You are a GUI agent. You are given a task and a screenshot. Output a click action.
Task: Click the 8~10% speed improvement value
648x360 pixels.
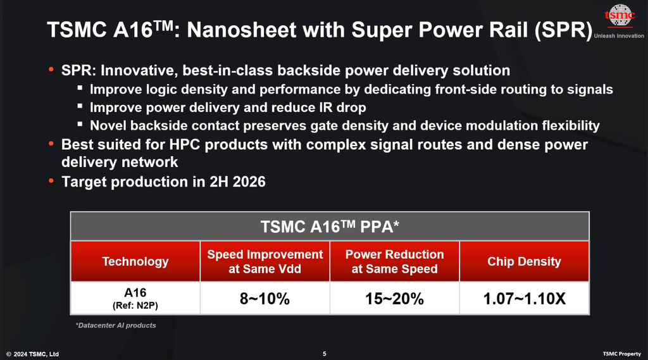[265, 299]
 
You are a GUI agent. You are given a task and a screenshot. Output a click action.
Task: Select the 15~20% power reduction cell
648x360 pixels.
[394, 299]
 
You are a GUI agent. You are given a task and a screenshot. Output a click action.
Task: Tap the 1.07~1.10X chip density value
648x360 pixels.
[524, 299]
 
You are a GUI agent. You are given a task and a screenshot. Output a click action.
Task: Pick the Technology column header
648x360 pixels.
[135, 261]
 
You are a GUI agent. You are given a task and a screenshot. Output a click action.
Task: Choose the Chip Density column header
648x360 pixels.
[524, 261]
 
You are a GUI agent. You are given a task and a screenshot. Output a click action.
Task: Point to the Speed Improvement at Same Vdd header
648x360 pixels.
[265, 261]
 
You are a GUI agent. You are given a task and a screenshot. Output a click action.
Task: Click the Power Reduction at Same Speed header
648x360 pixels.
[394, 261]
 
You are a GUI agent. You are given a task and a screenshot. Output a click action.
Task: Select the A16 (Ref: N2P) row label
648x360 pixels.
[135, 298]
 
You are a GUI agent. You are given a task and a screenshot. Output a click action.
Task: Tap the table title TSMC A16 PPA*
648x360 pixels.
[329, 227]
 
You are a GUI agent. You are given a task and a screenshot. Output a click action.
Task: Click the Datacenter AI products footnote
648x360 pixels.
[116, 325]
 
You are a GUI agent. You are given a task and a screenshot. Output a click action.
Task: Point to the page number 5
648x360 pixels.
[324, 354]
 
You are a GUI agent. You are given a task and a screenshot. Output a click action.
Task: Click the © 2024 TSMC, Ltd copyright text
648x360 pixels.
[33, 354]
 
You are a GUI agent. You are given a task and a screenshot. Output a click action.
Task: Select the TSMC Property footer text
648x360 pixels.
[621, 354]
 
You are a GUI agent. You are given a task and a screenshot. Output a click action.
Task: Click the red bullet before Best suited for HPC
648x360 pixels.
[51, 144]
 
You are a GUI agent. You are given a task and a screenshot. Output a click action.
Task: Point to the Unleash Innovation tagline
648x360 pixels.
[620, 36]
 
